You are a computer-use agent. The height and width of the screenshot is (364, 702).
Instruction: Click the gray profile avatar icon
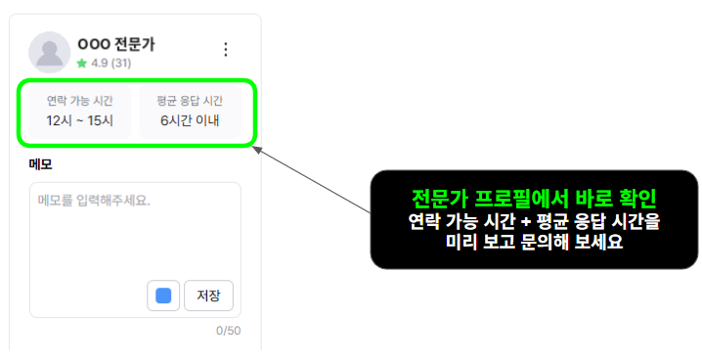49,52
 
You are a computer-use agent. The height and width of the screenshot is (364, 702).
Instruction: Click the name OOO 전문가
116,44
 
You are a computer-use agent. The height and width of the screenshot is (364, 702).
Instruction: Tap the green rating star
81,64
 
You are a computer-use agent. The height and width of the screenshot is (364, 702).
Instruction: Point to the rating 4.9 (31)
111,64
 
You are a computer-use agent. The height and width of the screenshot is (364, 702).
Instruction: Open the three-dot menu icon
226,49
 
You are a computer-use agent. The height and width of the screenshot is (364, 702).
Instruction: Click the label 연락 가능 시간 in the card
80,101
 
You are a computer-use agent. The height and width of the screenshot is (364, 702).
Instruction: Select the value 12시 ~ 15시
80,120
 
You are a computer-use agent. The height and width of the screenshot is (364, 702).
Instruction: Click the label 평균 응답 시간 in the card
190,101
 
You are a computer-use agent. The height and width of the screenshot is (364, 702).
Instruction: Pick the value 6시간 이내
190,120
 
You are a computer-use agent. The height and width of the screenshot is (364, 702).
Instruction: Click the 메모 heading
40,164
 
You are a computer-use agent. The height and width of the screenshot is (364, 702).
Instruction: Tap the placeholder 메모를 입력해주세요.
94,201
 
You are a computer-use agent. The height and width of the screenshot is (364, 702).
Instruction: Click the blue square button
163,296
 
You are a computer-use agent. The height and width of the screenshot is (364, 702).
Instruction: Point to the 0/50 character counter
229,331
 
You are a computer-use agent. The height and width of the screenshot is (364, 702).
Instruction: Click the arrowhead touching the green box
257,150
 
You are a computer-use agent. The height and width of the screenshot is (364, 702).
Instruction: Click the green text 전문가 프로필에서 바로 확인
534,199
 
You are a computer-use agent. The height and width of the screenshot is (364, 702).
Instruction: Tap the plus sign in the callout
526,222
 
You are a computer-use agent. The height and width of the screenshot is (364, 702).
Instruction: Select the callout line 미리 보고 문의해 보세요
534,243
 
